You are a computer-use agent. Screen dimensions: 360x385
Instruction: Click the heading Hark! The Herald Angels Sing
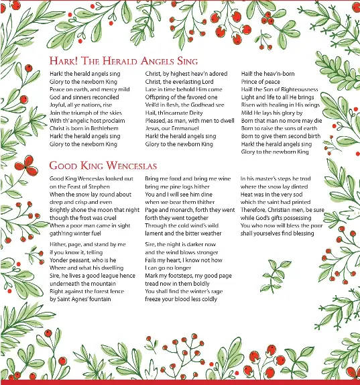[x=115, y=61]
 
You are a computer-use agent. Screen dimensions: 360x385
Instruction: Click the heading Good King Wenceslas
[x=103, y=166]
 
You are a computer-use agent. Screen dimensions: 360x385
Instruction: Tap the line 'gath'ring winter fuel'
[x=76, y=233]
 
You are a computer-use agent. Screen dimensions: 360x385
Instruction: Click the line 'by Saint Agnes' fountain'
[x=80, y=299]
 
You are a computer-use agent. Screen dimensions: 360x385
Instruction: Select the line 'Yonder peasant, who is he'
[x=82, y=260]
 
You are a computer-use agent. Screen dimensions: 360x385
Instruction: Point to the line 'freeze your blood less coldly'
[x=181, y=299]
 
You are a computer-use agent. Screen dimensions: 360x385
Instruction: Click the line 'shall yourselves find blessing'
[x=277, y=233]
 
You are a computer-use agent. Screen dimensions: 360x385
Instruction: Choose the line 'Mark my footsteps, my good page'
[x=188, y=276]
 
